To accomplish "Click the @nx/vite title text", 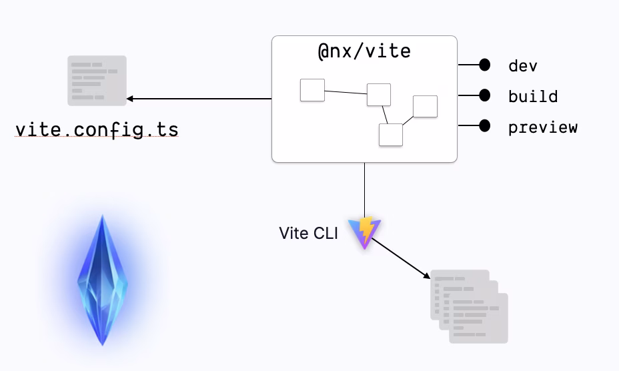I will [x=364, y=51].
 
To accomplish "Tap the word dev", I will [x=522, y=65].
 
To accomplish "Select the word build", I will [x=532, y=96].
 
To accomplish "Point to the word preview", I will [x=542, y=127].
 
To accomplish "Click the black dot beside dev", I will [x=485, y=65].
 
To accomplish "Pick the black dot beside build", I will [x=485, y=95].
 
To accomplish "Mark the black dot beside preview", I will [x=485, y=125].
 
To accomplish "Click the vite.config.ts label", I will [x=97, y=129].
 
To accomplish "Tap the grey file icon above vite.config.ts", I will [x=97, y=81].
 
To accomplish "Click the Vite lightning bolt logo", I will [x=364, y=233].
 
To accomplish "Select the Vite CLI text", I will [x=309, y=234].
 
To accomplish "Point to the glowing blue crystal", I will [x=102, y=280].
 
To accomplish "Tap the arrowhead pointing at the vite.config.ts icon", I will [x=130, y=99].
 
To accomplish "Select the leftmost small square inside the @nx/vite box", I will [x=312, y=90].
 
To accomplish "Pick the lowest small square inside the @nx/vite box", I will [x=391, y=134].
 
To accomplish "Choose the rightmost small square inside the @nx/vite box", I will [x=425, y=106].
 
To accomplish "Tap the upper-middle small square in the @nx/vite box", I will [x=379, y=95].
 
